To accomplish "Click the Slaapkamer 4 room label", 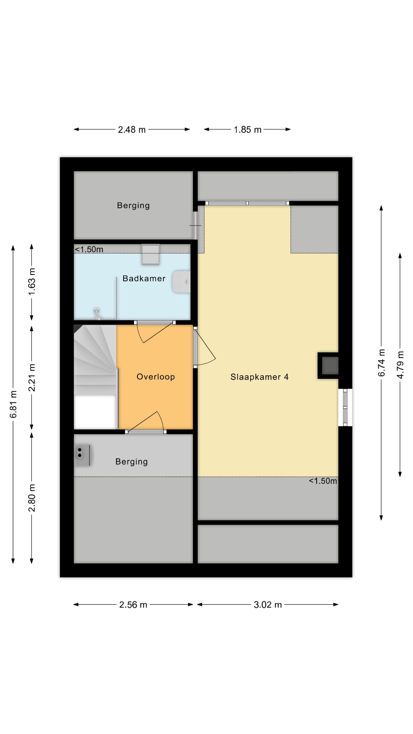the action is pyautogui.click(x=259, y=377).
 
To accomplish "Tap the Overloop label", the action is pyautogui.click(x=156, y=377).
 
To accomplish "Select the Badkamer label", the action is pyautogui.click(x=144, y=278).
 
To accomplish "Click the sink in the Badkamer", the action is pyautogui.click(x=181, y=282).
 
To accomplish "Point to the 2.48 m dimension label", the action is pyautogui.click(x=132, y=130).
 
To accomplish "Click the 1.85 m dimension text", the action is pyautogui.click(x=248, y=130).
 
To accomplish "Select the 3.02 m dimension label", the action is pyautogui.click(x=268, y=605).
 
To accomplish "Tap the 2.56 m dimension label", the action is pyautogui.click(x=133, y=605).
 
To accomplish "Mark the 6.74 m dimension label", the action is pyautogui.click(x=382, y=362).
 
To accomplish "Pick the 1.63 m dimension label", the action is pyautogui.click(x=32, y=282).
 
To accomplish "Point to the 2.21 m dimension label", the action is pyautogui.click(x=32, y=378).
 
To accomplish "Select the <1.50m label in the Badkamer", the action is pyautogui.click(x=89, y=249).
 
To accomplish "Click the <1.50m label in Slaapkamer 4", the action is pyautogui.click(x=323, y=481).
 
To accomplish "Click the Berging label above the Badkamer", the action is pyautogui.click(x=133, y=205).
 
